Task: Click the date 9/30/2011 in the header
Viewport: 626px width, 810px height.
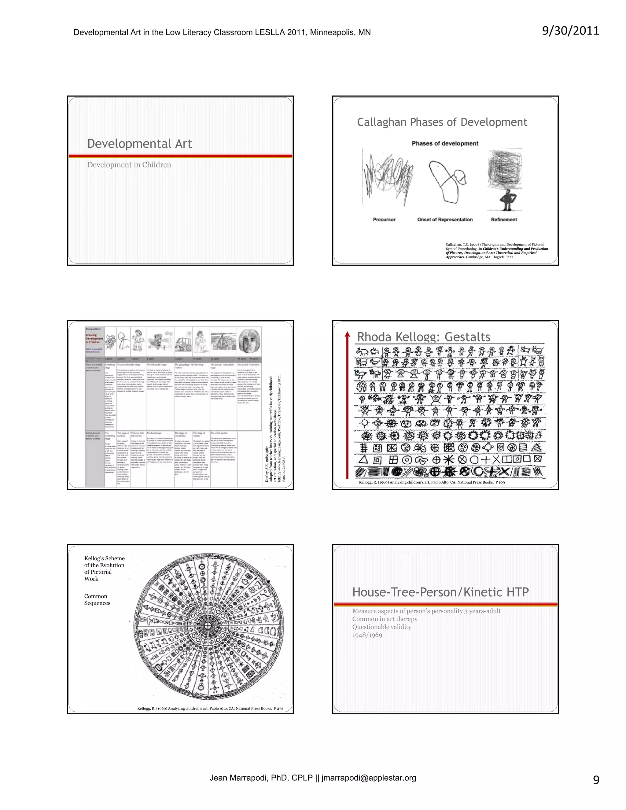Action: tap(570, 31)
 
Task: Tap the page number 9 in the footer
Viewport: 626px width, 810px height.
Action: tap(596, 780)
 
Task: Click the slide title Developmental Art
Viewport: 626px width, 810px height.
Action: tap(139, 144)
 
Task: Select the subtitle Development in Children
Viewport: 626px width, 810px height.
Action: tap(129, 165)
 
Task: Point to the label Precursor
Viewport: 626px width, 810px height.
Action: tap(384, 219)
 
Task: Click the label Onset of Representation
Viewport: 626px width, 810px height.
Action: tap(445, 219)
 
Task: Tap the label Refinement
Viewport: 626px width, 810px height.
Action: tap(504, 219)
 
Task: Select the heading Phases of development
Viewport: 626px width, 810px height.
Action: tap(445, 144)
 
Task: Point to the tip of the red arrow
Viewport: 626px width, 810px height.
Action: tap(347, 334)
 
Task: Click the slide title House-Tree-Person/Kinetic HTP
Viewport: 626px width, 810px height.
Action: tap(440, 592)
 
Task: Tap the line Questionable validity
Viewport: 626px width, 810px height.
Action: tap(381, 627)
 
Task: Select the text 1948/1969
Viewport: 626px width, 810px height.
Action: tap(367, 635)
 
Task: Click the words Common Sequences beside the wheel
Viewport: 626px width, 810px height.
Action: tap(97, 599)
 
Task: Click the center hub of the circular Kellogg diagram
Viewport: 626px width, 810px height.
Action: tap(208, 626)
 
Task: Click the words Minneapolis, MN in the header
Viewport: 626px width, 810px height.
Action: tap(340, 32)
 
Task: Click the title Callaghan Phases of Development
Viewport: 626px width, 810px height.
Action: tap(442, 122)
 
